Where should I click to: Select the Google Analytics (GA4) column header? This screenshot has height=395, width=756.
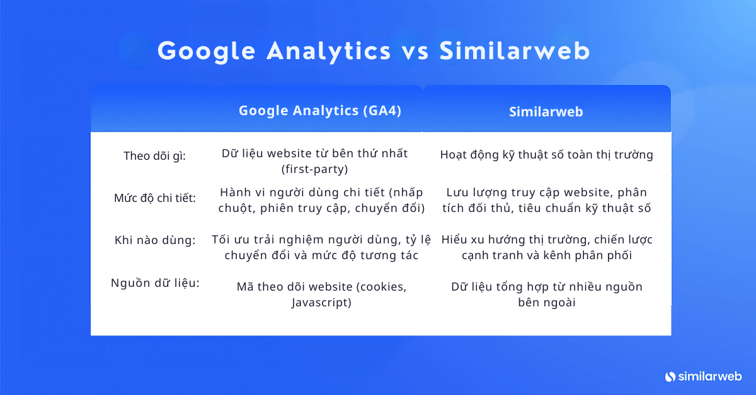point(320,111)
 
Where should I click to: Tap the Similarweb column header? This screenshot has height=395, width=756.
point(546,112)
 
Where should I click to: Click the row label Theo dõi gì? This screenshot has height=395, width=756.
point(154,156)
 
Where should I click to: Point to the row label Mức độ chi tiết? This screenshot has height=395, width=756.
point(155,198)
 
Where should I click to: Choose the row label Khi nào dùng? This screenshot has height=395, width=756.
point(155,240)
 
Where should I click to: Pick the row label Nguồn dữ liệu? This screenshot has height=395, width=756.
point(155,283)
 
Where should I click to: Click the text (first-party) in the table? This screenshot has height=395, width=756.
point(314,169)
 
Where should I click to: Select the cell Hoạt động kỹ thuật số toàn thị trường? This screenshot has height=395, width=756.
point(546,155)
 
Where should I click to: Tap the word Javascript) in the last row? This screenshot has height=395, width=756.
point(321,303)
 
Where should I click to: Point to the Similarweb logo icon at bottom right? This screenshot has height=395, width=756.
point(670,377)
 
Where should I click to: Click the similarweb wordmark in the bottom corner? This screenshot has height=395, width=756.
point(710,376)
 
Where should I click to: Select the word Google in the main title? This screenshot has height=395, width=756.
point(207,52)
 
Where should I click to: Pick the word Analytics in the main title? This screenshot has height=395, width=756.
point(328,52)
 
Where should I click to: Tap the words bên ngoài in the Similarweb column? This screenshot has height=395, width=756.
point(546,303)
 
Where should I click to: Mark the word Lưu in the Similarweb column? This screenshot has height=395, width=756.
point(455,192)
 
